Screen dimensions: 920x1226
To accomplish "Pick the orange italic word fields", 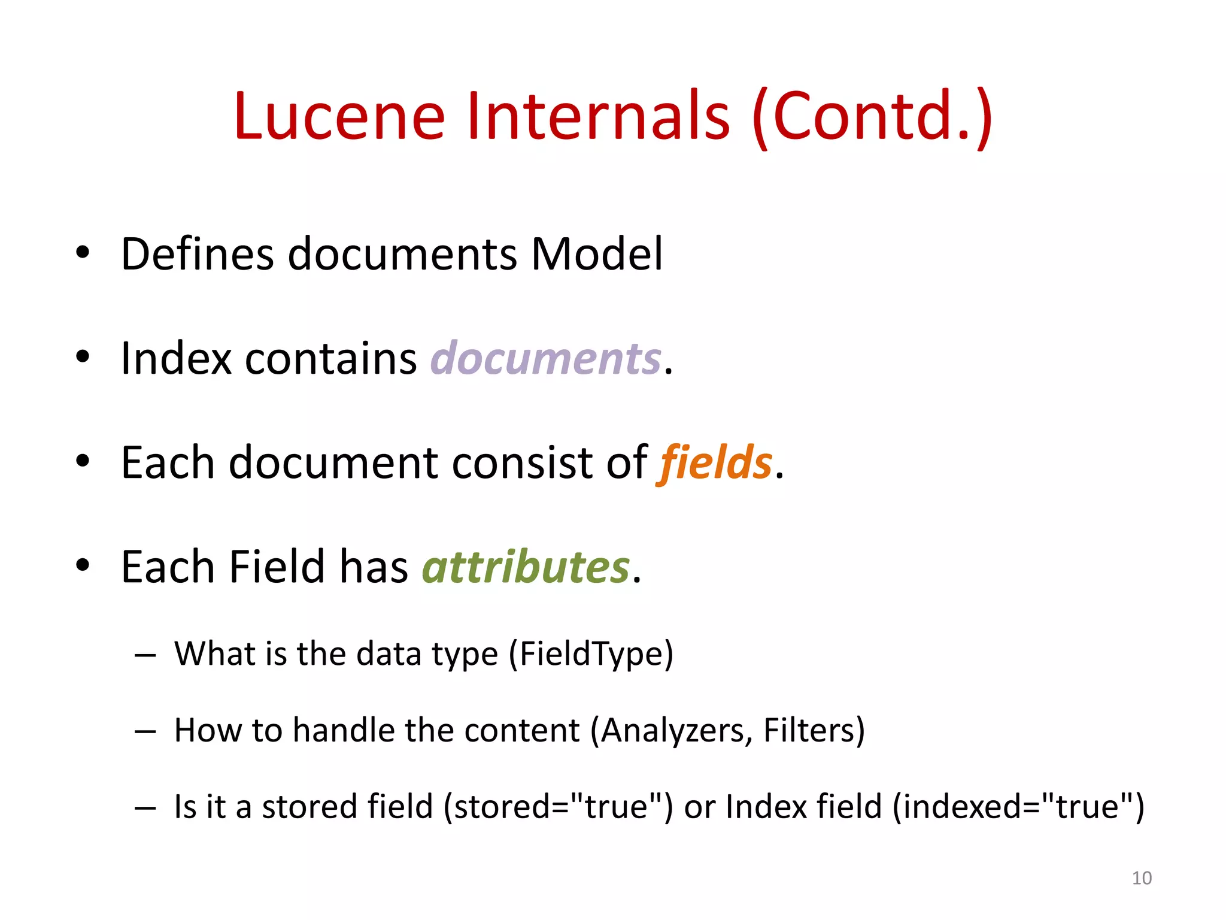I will (x=716, y=462).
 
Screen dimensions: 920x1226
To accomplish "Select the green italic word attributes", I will (x=526, y=567).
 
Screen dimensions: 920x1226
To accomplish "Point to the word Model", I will (x=597, y=254).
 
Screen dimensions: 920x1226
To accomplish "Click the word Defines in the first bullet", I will (x=198, y=254).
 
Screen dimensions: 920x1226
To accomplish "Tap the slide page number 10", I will (x=1142, y=878).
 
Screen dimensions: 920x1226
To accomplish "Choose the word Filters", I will (x=809, y=730).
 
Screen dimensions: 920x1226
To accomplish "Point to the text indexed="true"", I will (x=1018, y=806).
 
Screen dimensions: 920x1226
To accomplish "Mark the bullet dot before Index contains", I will (x=83, y=357).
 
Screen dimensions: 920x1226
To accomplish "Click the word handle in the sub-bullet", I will (x=344, y=730).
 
